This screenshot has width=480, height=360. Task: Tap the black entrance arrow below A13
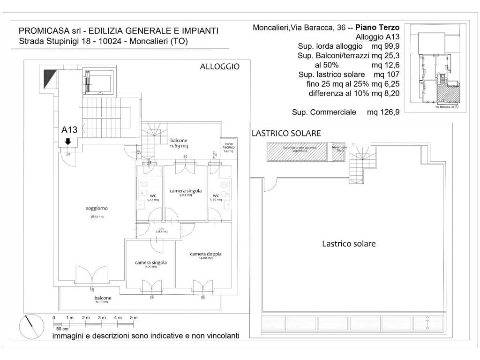pyautogui.click(x=68, y=141)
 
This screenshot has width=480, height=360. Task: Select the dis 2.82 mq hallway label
pyautogui.click(x=161, y=230)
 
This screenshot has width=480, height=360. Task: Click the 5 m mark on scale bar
pyautogui.click(x=135, y=318)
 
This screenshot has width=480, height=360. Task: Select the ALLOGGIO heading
pyautogui.click(x=219, y=67)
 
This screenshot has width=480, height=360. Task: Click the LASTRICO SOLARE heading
pyautogui.click(x=286, y=133)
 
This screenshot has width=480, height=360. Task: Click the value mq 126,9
pyautogui.click(x=383, y=112)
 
